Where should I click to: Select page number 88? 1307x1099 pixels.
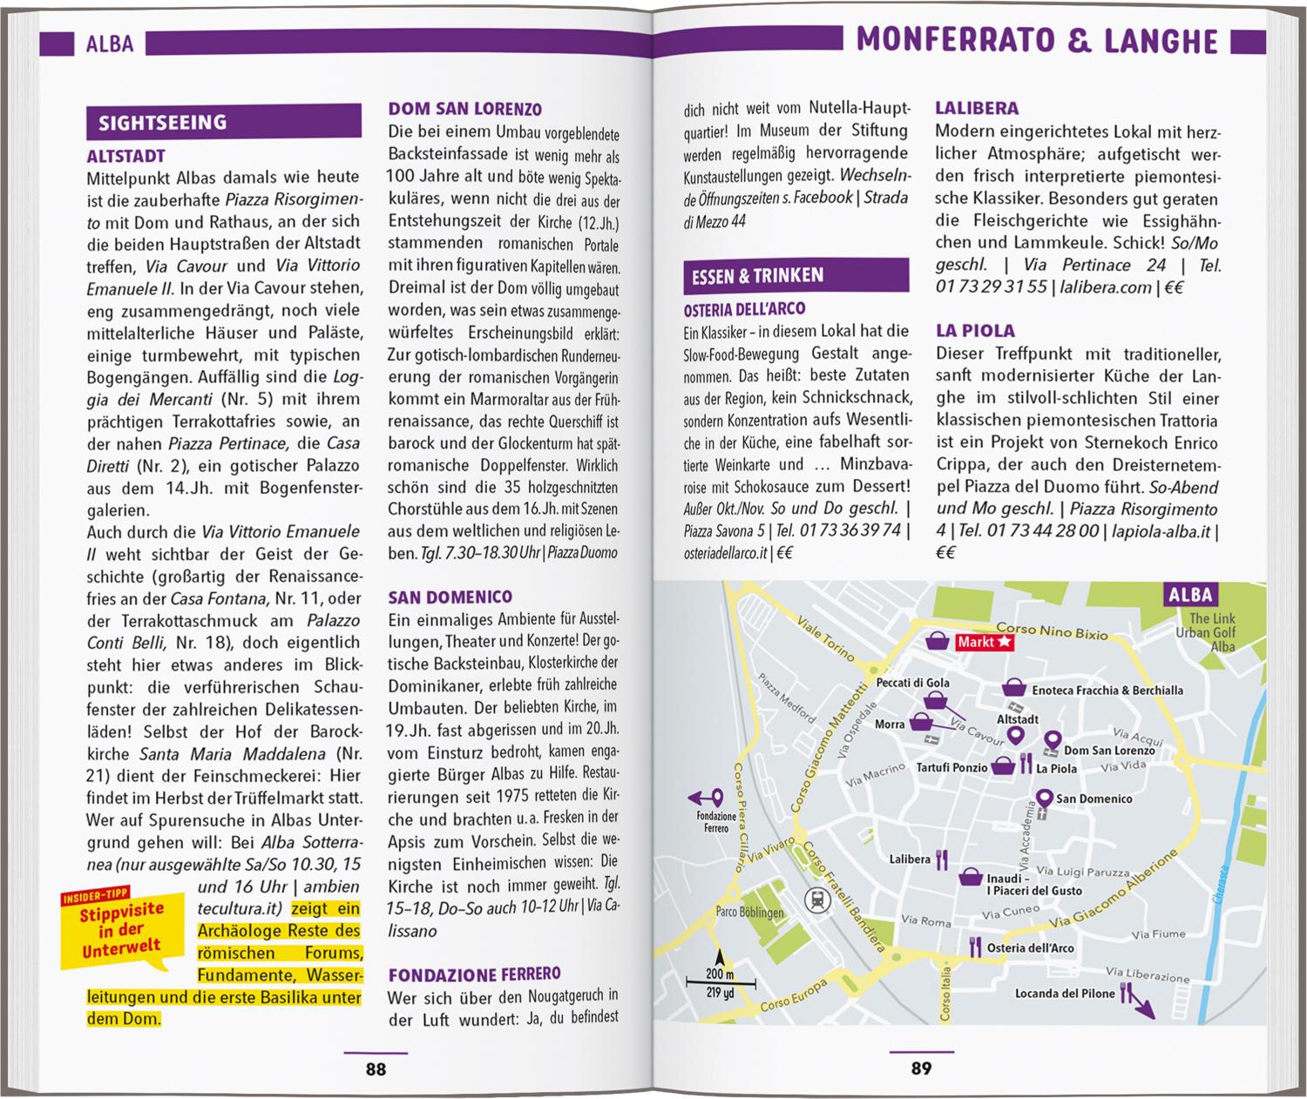(376, 1069)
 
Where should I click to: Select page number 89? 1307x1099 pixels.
(922, 1069)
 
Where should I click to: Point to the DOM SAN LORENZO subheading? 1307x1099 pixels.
(464, 109)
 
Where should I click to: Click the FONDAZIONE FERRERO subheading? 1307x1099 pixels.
(474, 974)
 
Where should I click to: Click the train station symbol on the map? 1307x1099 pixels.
(818, 900)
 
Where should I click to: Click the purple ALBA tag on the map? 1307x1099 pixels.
(1190, 595)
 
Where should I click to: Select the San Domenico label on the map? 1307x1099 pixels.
(1094, 799)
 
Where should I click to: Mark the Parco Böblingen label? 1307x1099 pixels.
(750, 913)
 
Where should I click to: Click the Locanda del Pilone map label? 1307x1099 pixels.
(1065, 993)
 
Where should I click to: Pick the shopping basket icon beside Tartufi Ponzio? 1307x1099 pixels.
(1004, 766)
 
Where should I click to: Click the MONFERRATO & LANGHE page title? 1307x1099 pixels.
(1037, 40)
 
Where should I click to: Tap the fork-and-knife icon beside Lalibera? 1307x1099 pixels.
(941, 860)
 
